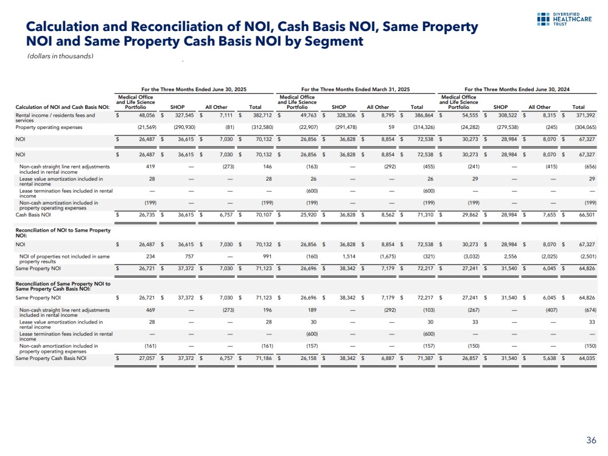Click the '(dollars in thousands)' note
click(60, 56)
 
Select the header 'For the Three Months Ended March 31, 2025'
click(356, 89)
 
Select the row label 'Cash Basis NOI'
click(33, 214)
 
